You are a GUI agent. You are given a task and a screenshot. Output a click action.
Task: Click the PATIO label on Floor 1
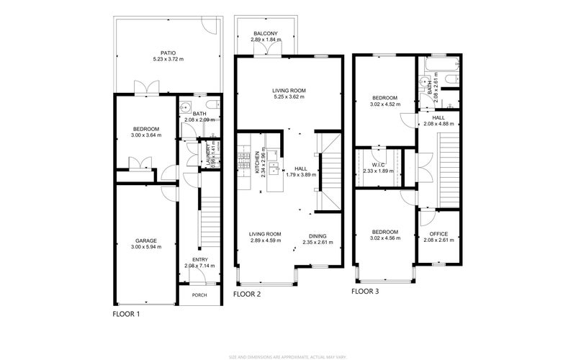[168, 53]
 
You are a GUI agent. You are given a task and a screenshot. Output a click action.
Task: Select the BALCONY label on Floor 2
[265, 33]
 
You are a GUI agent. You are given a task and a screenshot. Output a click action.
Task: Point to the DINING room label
[318, 236]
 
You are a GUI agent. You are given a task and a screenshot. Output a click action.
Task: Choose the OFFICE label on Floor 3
[438, 233]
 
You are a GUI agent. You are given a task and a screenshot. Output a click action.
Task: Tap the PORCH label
[198, 295]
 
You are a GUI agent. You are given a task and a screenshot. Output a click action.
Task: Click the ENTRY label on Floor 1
[199, 260]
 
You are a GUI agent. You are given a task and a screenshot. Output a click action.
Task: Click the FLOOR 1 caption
[127, 315]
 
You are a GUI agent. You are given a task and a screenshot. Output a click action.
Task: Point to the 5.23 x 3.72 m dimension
[168, 59]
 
